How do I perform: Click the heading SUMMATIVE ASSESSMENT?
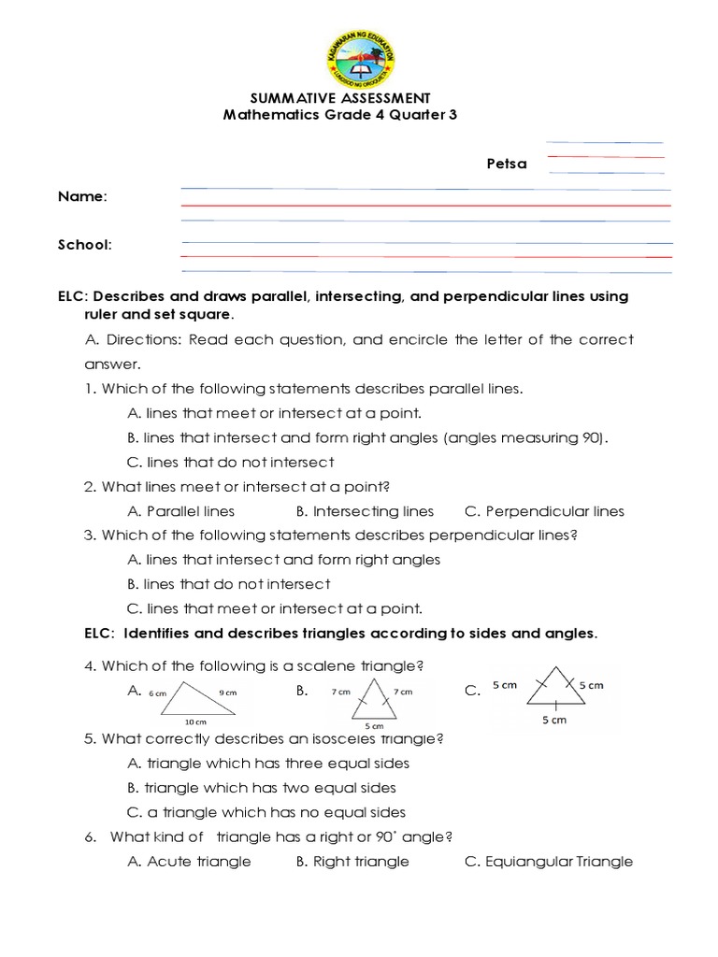pos(341,98)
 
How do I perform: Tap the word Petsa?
pos(506,164)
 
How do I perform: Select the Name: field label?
pos(82,197)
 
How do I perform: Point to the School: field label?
pos(85,245)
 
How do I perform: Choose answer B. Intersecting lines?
pos(365,511)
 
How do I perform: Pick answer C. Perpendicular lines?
pos(544,511)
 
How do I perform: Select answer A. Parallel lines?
pos(180,511)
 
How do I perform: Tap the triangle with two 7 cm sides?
pos(372,699)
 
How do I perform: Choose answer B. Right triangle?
pos(352,862)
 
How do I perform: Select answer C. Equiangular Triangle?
pos(548,862)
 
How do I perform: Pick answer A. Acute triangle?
pos(189,862)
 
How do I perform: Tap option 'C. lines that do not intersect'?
pos(229,463)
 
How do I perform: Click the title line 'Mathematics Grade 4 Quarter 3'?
pos(340,115)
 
